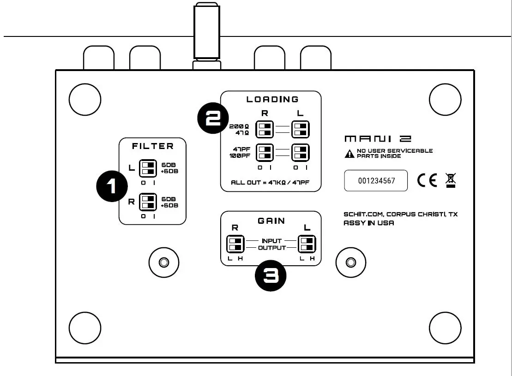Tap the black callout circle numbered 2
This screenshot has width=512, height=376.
(x=213, y=118)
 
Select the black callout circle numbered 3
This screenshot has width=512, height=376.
(x=271, y=276)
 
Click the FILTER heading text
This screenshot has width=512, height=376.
(x=153, y=146)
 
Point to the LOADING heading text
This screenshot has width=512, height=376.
(x=272, y=99)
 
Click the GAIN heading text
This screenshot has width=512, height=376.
(x=271, y=221)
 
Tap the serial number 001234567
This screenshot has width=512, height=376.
(x=376, y=180)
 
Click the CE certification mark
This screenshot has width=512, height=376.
(x=427, y=180)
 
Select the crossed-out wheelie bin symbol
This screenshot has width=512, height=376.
(x=450, y=180)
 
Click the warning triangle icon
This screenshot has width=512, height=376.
(x=349, y=154)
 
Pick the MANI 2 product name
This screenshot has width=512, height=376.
(x=378, y=139)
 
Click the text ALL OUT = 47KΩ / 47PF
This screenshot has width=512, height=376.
(x=270, y=183)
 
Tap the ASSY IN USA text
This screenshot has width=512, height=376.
(x=368, y=223)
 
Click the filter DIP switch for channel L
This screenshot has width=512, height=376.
(x=148, y=168)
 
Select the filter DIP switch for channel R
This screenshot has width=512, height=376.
(x=148, y=202)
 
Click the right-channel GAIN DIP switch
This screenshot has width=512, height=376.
(x=235, y=244)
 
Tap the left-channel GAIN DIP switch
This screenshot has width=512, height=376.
(x=307, y=244)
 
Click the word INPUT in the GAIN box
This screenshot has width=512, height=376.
(x=271, y=241)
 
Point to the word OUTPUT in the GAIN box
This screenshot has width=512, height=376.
(x=271, y=248)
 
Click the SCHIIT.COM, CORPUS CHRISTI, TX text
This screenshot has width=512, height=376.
(x=400, y=215)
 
